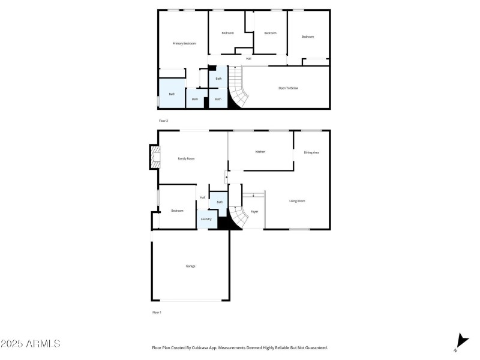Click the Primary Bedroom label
pos(184,43)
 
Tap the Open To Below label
pos(288,88)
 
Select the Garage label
pos(190,266)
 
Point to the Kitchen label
pos(260,152)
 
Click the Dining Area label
pos(311,152)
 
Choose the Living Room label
pos(297,201)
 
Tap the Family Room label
pos(186,158)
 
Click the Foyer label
pos(254,212)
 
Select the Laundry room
pos(206,219)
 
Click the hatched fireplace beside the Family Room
pos(155,157)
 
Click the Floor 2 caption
pos(163,121)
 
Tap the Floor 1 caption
pos(157,313)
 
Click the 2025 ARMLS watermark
pos(31,344)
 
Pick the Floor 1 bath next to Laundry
pos(218,202)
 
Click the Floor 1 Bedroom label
pos(177,211)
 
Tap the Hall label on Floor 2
pos(248,58)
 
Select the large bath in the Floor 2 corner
pos(172,94)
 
